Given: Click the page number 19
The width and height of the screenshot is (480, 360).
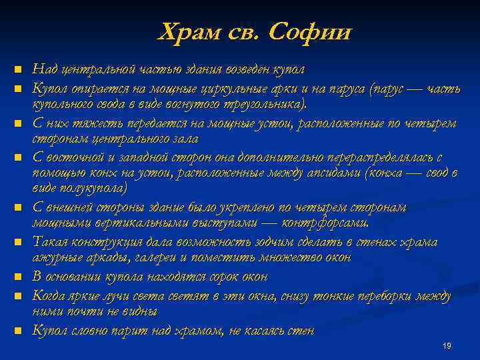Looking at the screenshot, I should [x=447, y=345].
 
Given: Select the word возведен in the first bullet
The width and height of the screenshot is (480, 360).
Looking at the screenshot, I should [x=232, y=69].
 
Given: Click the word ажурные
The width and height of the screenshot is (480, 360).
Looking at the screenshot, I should [x=57, y=257].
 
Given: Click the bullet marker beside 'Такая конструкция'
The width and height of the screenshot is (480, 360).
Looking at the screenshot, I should [x=19, y=242].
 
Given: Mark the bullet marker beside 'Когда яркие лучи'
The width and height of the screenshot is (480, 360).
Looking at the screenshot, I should [x=19, y=295].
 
